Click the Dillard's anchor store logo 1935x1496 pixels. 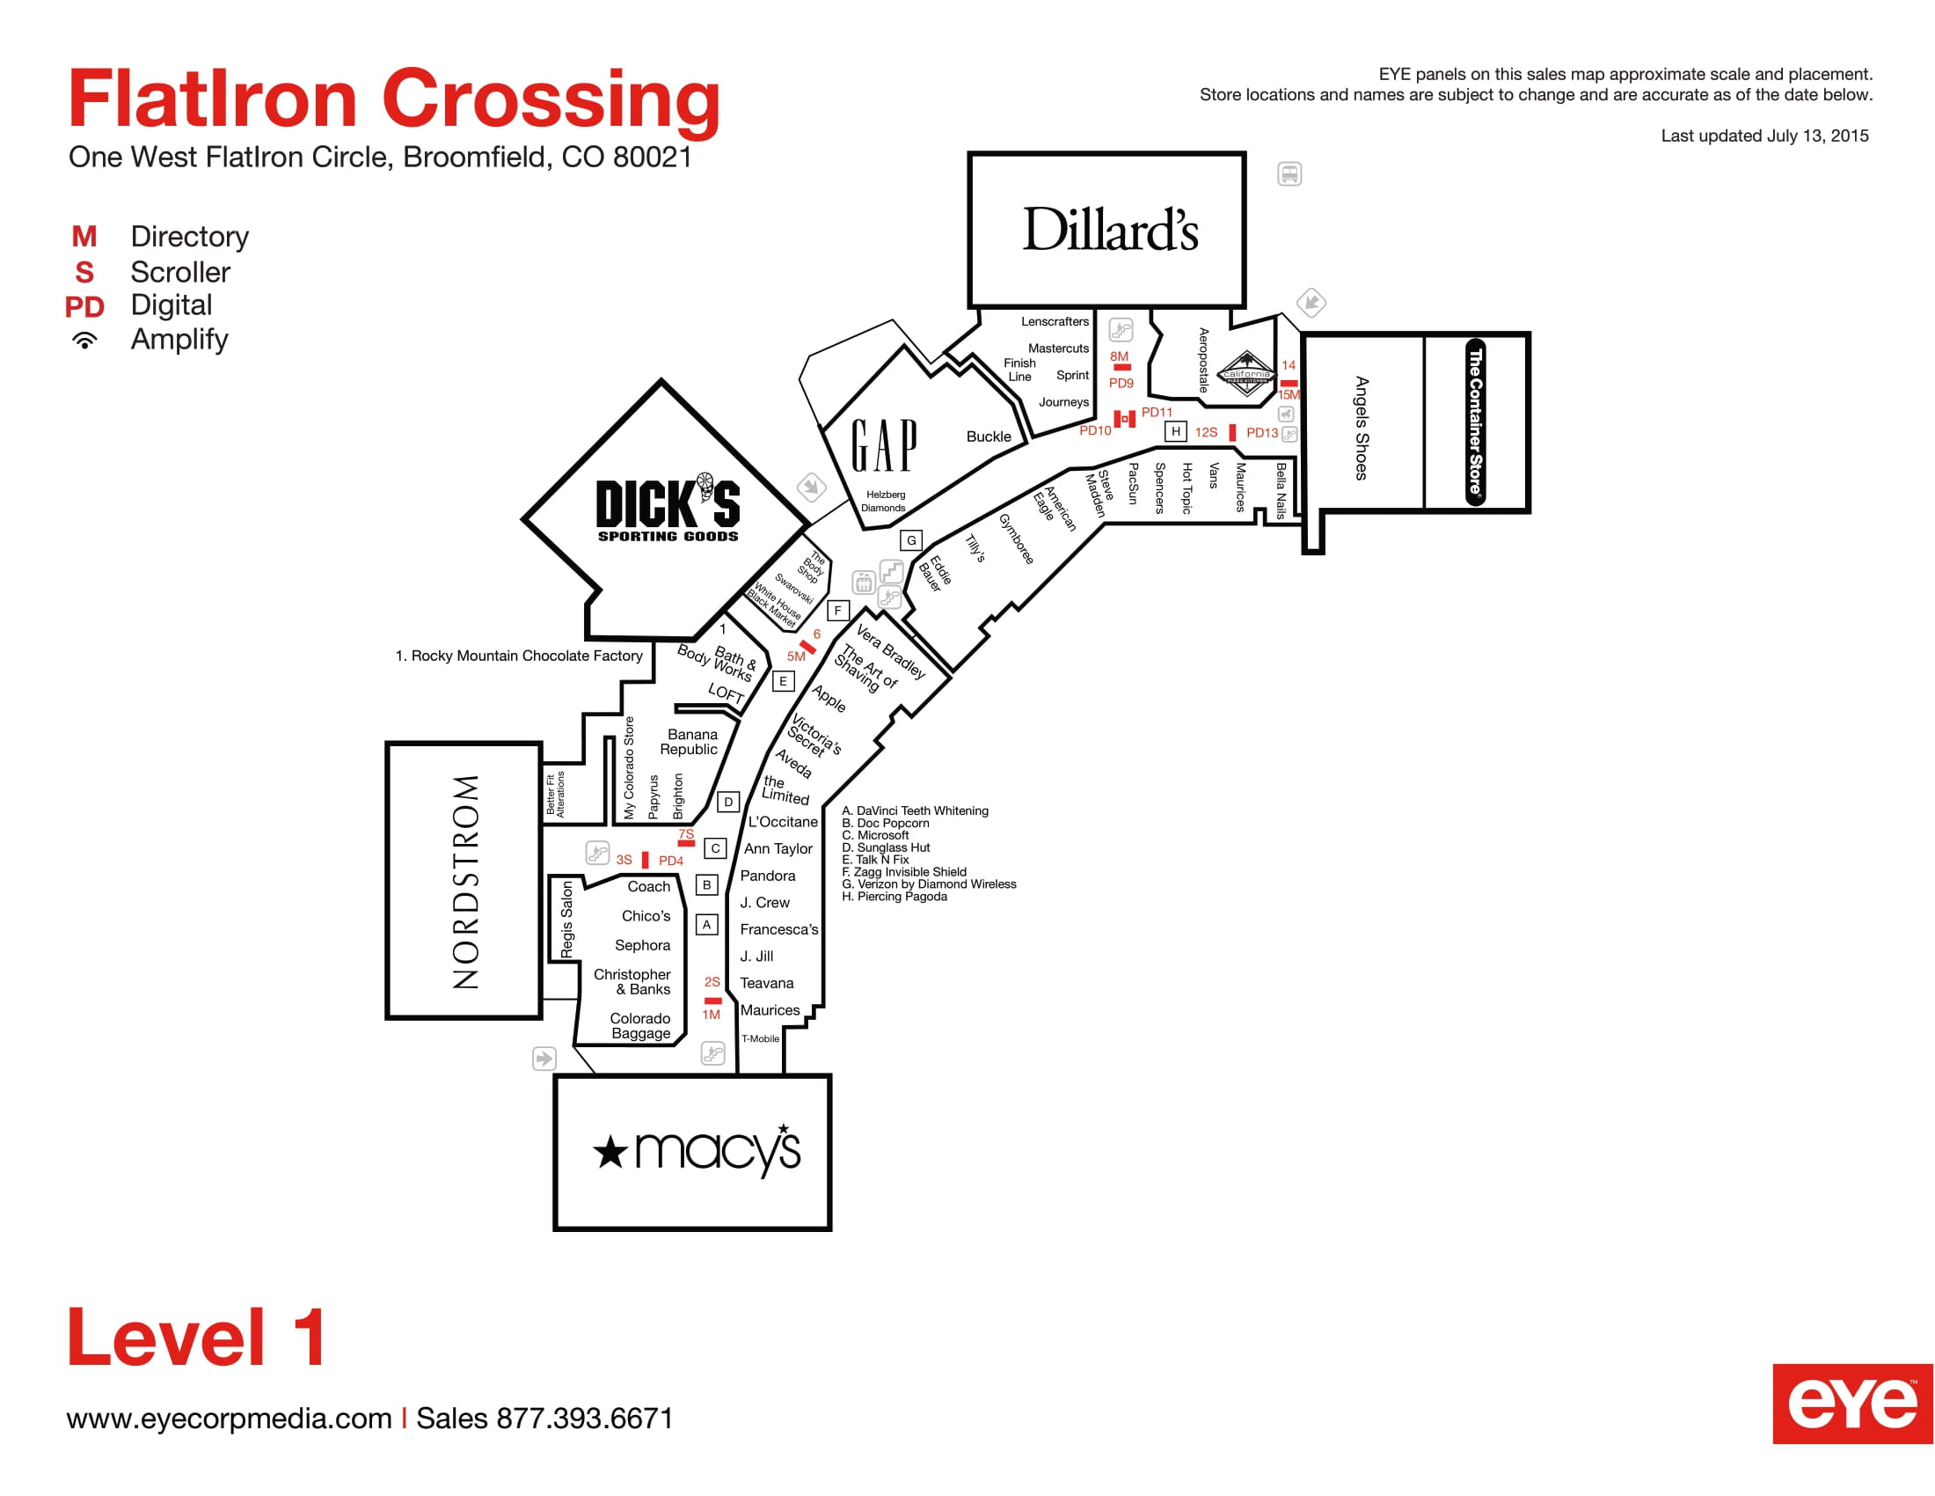click(1110, 230)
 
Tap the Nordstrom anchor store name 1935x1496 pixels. click(466, 882)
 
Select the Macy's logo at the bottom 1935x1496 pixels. click(697, 1150)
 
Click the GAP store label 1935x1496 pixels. click(884, 445)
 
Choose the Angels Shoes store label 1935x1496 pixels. click(1362, 428)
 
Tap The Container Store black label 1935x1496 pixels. click(1475, 422)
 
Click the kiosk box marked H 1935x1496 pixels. click(1176, 431)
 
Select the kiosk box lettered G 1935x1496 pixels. click(911, 539)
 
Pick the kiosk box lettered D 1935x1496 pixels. click(728, 802)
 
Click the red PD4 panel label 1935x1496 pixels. click(671, 861)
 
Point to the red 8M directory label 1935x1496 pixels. click(1119, 356)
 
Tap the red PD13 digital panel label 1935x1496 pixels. click(1261, 432)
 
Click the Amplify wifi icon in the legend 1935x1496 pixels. click(85, 341)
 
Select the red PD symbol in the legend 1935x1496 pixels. click(84, 306)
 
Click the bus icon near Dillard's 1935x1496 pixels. click(1289, 173)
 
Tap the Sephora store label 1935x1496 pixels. click(642, 945)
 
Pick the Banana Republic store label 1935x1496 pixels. click(690, 742)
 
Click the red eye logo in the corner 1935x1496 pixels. click(1852, 1404)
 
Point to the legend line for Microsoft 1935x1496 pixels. click(874, 835)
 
